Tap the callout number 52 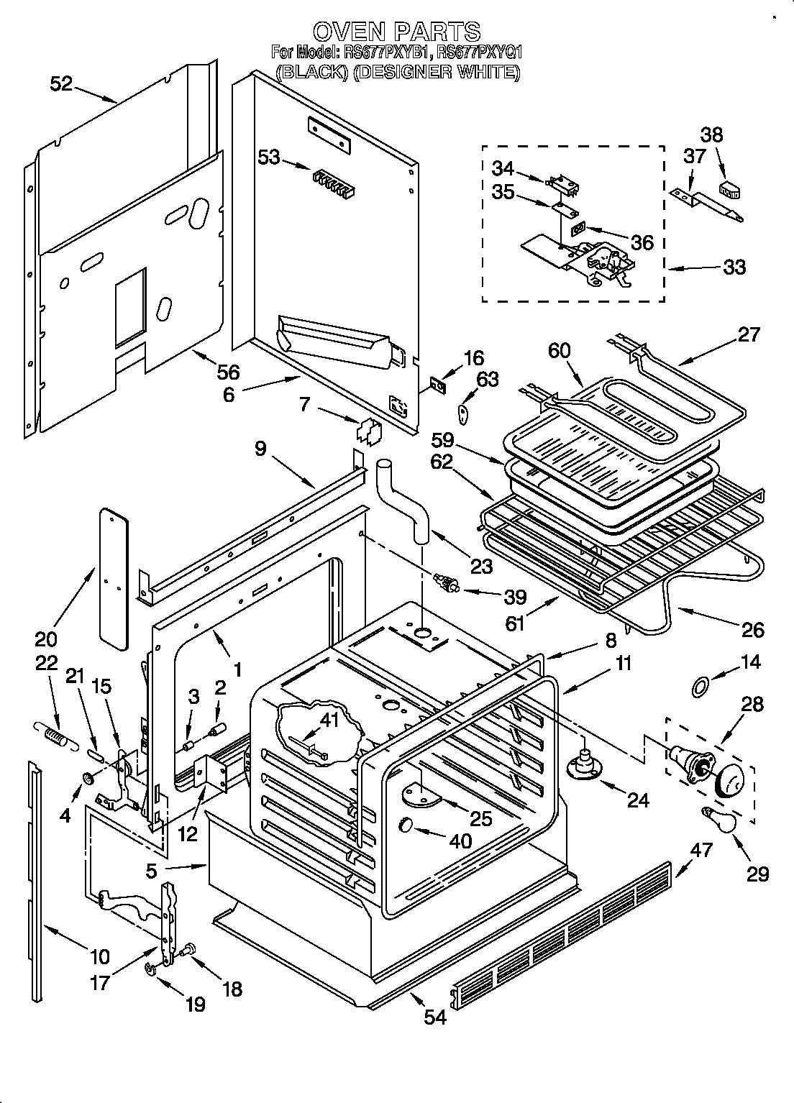61,83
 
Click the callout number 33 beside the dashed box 734,267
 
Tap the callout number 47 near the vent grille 701,850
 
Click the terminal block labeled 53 333,182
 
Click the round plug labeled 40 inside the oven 407,824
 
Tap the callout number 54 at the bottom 436,1017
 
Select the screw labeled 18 190,951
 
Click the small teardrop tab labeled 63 464,412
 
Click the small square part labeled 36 578,231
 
